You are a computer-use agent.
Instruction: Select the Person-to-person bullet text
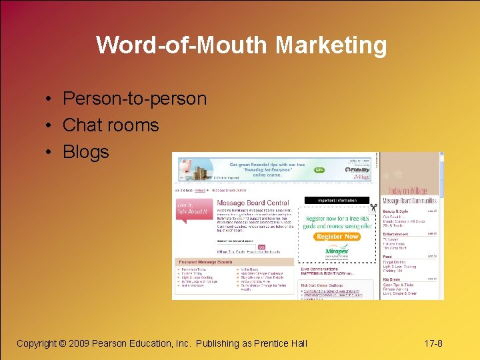pos(134,99)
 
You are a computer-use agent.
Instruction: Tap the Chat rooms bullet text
pos(111,125)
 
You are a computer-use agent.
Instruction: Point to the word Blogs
pos(85,152)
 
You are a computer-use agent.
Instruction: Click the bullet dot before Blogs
pos(50,152)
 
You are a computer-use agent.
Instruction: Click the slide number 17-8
pos(433,343)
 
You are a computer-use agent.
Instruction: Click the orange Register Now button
pos(337,237)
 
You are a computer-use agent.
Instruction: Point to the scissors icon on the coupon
pos(374,207)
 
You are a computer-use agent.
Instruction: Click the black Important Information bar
pos(337,200)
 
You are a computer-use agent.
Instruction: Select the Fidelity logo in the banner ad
pos(358,170)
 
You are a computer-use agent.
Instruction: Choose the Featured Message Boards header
pos(207,262)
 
